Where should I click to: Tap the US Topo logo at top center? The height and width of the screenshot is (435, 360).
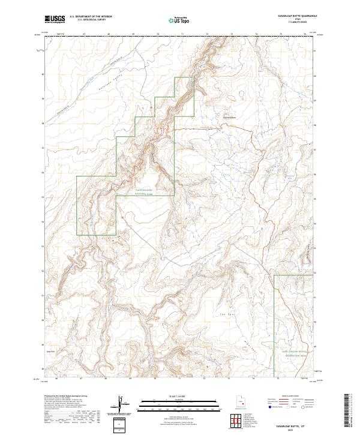tap(180, 20)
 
